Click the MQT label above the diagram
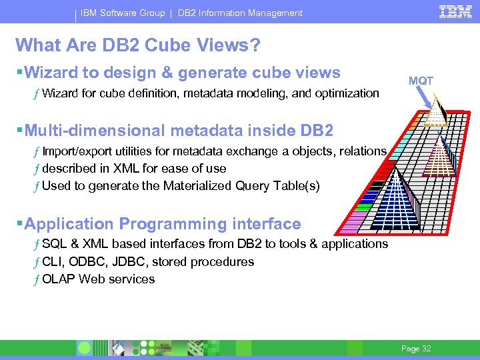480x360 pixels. (421, 81)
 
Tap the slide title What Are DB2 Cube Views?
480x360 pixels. (138, 45)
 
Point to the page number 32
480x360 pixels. (417, 349)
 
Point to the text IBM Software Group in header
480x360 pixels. (123, 13)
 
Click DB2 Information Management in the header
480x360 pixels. (240, 13)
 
